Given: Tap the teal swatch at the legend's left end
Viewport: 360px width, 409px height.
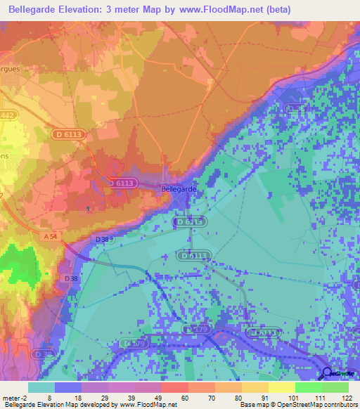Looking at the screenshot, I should click(41, 387).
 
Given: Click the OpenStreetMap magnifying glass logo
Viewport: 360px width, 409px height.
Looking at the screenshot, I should click(328, 375).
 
